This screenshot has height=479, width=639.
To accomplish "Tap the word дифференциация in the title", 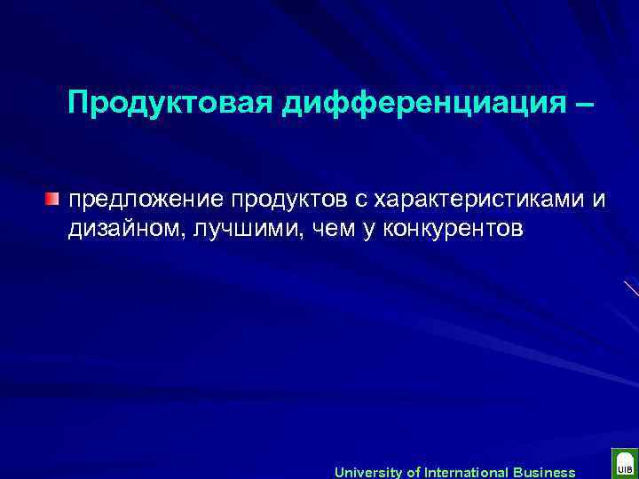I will (x=414, y=103).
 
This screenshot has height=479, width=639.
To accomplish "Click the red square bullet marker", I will (x=54, y=197).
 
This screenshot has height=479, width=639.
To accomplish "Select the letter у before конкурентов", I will (x=353, y=229).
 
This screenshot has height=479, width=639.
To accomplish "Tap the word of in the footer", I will (x=414, y=472).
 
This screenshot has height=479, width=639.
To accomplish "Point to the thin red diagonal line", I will (x=630, y=288).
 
